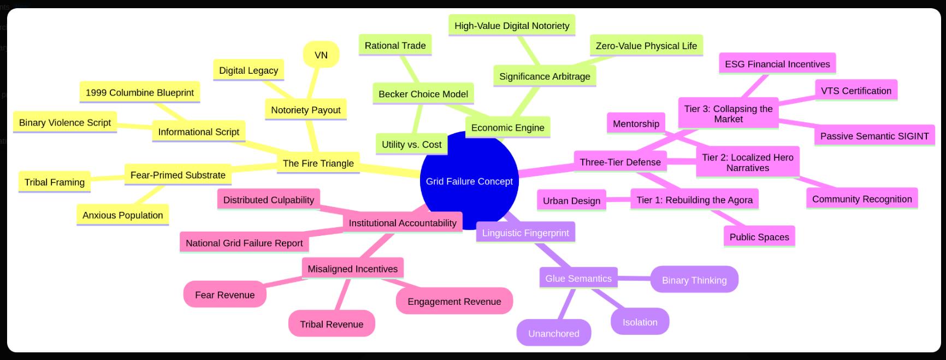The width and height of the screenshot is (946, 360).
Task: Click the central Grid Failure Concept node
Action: point(469,181)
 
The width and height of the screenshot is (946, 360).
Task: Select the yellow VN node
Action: point(321,55)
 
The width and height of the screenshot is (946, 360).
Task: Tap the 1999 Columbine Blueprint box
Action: point(139,92)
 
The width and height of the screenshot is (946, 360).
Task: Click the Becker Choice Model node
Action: point(423,94)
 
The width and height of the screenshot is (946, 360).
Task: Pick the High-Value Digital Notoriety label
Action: point(512,26)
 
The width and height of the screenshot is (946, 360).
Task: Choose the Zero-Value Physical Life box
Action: point(646,46)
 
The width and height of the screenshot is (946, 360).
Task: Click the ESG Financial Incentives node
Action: point(777,64)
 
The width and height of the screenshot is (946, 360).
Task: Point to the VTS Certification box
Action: point(855,91)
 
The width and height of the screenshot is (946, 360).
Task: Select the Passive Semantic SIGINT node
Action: point(874,136)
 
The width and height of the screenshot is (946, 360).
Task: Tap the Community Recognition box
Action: point(861,199)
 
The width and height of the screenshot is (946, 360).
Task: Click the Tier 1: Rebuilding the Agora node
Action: point(694,200)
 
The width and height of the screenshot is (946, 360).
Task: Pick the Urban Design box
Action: point(571,200)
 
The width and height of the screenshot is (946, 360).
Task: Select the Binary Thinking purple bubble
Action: point(694,280)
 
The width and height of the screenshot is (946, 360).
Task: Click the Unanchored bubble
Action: point(553,333)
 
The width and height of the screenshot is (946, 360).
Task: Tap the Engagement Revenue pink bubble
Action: point(454,301)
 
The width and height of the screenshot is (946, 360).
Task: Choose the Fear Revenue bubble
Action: point(224,295)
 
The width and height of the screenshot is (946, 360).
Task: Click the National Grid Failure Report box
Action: point(244,243)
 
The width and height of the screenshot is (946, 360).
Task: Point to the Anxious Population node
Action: point(122,215)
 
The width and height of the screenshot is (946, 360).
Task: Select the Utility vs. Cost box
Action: point(411,145)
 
